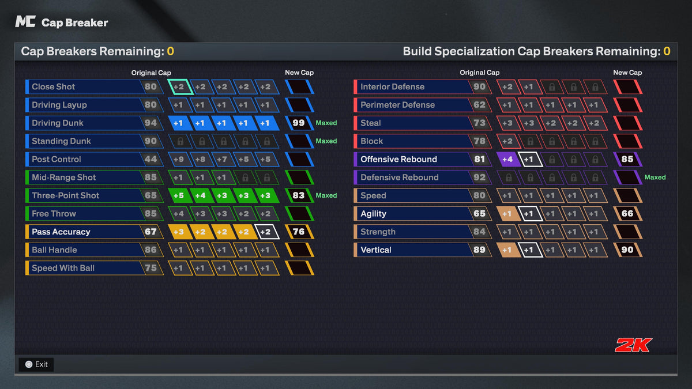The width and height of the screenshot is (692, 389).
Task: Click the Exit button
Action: pyautogui.click(x=36, y=364)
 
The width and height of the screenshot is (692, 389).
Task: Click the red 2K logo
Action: pyautogui.click(x=633, y=345)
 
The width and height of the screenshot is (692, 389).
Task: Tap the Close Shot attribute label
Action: pyautogui.click(x=53, y=87)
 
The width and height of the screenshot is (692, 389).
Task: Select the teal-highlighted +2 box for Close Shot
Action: pyautogui.click(x=180, y=87)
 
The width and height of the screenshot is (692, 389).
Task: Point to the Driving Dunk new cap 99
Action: pyautogui.click(x=299, y=123)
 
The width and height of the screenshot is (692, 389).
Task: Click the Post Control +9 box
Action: pyautogui.click(x=179, y=159)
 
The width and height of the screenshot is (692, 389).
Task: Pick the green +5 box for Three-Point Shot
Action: pyautogui.click(x=179, y=195)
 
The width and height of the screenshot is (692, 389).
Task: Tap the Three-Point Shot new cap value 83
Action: pyautogui.click(x=299, y=195)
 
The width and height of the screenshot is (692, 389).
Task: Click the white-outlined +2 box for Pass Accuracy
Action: pyautogui.click(x=267, y=232)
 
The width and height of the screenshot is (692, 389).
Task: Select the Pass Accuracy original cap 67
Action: pyautogui.click(x=151, y=232)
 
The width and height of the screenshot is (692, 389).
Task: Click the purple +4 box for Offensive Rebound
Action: pyautogui.click(x=507, y=159)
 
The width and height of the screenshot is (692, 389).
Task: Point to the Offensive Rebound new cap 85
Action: pyautogui.click(x=627, y=159)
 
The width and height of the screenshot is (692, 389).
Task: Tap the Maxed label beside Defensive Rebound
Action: pyautogui.click(x=655, y=177)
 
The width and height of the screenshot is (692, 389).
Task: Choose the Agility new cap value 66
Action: pyautogui.click(x=627, y=214)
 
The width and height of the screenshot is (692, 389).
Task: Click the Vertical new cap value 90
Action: pyautogui.click(x=627, y=250)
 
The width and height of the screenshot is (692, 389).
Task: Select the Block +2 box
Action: pyautogui.click(x=507, y=141)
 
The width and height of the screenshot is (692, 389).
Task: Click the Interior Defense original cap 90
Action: pyautogui.click(x=479, y=87)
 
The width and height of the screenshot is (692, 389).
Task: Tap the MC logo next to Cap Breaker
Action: pyautogui.click(x=25, y=22)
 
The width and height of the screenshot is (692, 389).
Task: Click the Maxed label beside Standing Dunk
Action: pyautogui.click(x=326, y=141)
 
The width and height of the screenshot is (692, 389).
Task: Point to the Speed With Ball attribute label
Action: pyautogui.click(x=63, y=268)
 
